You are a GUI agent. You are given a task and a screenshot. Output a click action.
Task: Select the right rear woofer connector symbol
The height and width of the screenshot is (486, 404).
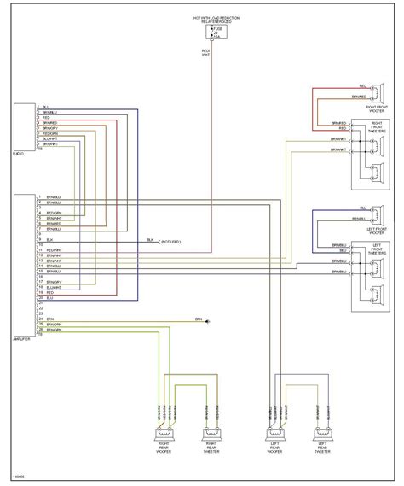tap(164, 434)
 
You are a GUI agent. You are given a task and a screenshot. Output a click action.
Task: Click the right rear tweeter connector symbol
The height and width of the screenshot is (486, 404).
tap(209, 434)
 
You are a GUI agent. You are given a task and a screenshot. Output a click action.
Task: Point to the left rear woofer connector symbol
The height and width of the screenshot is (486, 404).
tap(277, 434)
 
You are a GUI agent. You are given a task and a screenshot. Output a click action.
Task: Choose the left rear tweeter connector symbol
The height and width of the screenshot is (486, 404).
tap(322, 434)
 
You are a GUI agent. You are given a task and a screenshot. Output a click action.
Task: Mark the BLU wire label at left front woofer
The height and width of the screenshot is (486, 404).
tap(363, 208)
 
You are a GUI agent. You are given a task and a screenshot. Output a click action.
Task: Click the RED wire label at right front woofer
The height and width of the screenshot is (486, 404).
tap(363, 86)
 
